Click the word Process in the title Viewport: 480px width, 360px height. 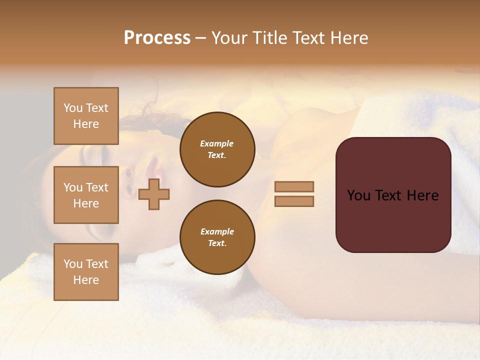point(157,38)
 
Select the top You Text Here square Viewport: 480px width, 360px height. point(86,116)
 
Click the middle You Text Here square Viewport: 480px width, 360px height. point(86,195)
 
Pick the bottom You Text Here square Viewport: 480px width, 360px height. point(86,271)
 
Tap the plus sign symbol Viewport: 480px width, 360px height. point(154,194)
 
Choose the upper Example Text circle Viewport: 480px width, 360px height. point(217,149)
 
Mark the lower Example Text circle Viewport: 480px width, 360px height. point(217,237)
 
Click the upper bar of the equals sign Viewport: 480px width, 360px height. point(294,186)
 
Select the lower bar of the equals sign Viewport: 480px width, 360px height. point(294,201)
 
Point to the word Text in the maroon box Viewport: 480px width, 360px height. point(389,195)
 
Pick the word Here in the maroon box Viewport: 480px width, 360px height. point(422,195)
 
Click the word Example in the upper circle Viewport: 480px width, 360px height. point(217,143)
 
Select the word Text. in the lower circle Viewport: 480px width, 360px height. point(217,243)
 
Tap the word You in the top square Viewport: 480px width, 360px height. point(72,108)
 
